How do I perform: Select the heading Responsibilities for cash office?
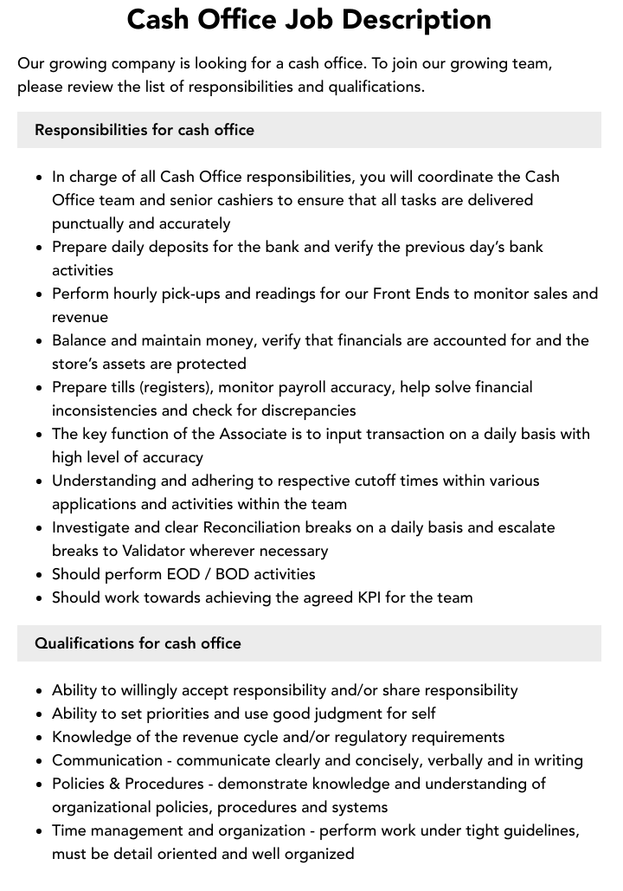tap(145, 130)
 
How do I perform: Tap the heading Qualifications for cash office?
tap(138, 643)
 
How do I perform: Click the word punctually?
tap(92, 223)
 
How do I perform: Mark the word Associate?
tap(252, 434)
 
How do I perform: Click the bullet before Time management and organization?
tap(40, 831)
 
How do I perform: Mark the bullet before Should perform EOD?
tap(40, 575)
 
